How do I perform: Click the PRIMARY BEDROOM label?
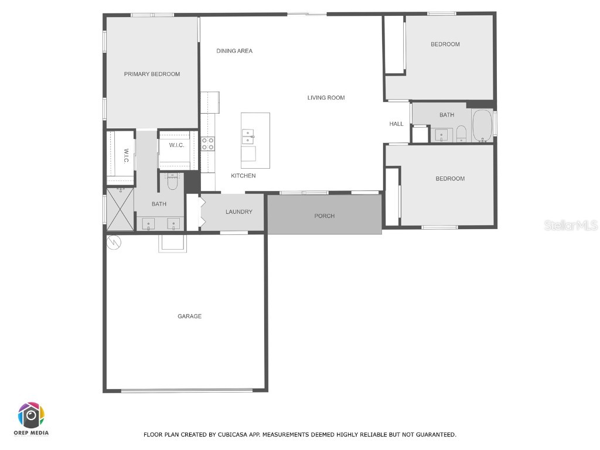[x=152, y=74]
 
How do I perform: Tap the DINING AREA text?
[x=234, y=51]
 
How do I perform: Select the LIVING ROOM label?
[x=326, y=98]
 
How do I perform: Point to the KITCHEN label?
[x=243, y=176]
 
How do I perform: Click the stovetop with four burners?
[x=208, y=144]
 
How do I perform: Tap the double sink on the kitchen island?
[x=248, y=137]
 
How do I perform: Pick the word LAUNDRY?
[x=238, y=212]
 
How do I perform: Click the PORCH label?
[x=324, y=216]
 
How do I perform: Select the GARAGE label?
[x=189, y=316]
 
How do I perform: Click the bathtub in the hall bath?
[x=483, y=126]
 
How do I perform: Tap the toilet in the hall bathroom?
[x=461, y=134]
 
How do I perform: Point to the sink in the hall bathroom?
[x=441, y=135]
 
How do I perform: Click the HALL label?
[x=397, y=124]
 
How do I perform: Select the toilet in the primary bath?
[x=172, y=182]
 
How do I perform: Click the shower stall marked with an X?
[x=120, y=209]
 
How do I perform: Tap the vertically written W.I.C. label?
[x=126, y=155]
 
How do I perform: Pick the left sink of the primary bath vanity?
[x=148, y=223]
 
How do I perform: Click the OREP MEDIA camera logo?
[x=31, y=415]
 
